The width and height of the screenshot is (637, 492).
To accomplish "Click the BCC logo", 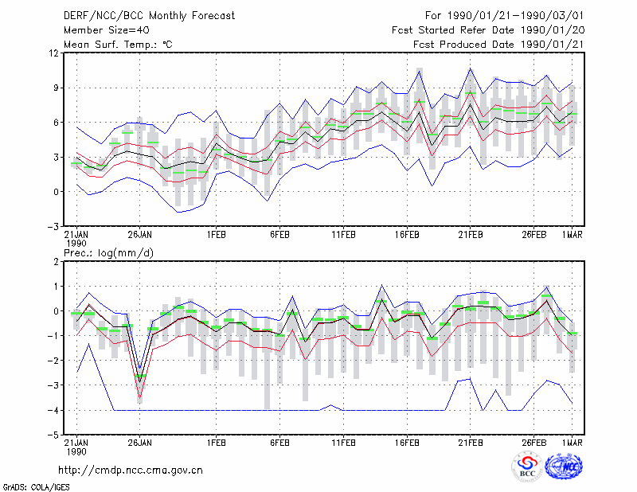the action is point(527,467).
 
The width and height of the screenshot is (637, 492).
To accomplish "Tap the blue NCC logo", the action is point(564,467).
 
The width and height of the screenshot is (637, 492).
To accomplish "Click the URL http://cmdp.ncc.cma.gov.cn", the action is point(131,471).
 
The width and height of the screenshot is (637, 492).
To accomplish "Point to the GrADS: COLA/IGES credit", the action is point(37,487).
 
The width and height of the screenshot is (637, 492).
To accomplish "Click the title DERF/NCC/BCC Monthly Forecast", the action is point(149,16).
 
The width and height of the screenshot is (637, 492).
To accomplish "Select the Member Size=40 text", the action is point(107,30).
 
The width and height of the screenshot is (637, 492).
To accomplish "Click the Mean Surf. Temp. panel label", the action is point(118,45).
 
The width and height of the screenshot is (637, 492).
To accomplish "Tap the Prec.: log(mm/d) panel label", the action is point(108,253).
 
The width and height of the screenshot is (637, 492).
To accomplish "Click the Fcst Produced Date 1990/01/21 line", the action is point(498,45).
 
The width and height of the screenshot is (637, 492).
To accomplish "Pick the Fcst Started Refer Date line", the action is point(488,30).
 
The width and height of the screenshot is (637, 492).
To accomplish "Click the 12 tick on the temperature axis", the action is point(54,53).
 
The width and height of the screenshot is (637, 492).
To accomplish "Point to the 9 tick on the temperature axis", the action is point(57,88).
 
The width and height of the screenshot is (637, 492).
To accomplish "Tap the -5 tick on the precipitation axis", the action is point(53,435).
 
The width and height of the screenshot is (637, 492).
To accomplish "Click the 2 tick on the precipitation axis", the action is point(57,262).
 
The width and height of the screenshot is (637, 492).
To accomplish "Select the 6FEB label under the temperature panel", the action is point(280,235).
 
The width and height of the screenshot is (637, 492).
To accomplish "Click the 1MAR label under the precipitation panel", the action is point(573,443).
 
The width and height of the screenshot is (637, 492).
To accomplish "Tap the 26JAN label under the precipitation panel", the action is point(140,443).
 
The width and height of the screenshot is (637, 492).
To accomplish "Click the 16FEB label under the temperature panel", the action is point(407,235).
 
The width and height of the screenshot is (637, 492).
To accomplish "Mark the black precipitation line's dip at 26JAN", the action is point(140,381).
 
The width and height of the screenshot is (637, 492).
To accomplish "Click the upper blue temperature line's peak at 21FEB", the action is point(471,68).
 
